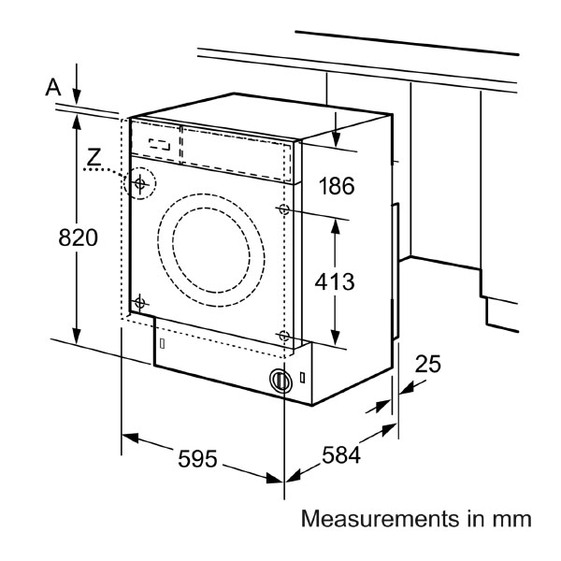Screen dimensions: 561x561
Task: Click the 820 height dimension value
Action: pos(78,237)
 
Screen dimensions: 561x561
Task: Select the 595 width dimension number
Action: pos(197,459)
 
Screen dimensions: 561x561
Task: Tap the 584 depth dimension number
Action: pos(341,455)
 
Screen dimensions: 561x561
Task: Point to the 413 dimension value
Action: pos(335,281)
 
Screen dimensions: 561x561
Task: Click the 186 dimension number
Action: pos(337,186)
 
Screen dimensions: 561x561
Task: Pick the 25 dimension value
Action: pos(428,364)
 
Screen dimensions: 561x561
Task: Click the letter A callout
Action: pos(53,87)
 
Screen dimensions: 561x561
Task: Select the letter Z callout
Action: pos(93,157)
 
